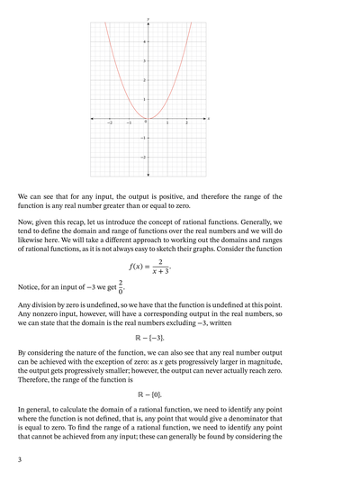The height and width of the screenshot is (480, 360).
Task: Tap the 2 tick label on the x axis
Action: click(x=187, y=122)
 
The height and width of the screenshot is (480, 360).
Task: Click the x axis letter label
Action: click(x=209, y=118)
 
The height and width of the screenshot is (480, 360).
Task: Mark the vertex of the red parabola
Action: click(x=148, y=118)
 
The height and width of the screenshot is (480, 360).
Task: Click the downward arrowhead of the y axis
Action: click(x=148, y=175)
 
